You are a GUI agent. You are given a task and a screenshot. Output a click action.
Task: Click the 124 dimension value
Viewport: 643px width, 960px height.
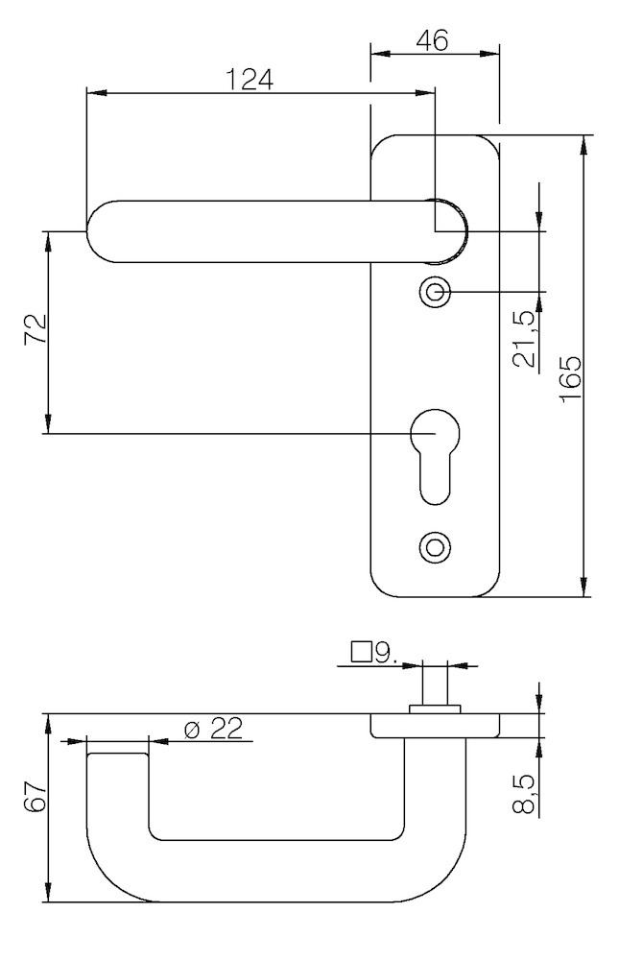(x=250, y=79)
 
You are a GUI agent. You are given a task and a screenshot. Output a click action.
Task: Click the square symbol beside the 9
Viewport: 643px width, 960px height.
(x=362, y=653)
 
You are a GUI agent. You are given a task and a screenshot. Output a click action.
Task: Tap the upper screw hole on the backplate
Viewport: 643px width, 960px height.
(x=435, y=292)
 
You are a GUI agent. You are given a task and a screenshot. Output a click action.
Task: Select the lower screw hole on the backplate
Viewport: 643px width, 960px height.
(x=435, y=547)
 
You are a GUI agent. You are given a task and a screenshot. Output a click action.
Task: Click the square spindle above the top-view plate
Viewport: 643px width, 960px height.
(x=435, y=684)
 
